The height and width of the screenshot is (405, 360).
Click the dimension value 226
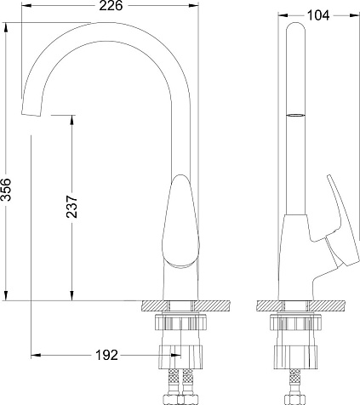(x=111, y=6)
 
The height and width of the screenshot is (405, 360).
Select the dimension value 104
(x=318, y=15)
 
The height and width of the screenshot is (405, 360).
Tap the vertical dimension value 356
(x=6, y=190)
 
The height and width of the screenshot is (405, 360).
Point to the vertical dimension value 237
(x=71, y=206)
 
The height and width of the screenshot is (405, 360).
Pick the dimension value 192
(x=106, y=355)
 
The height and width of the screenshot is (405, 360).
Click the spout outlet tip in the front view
(x=31, y=113)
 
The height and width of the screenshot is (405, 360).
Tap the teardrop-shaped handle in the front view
(x=180, y=221)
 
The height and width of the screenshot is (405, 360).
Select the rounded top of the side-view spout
(x=295, y=27)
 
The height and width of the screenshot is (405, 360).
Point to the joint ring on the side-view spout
(x=295, y=115)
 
